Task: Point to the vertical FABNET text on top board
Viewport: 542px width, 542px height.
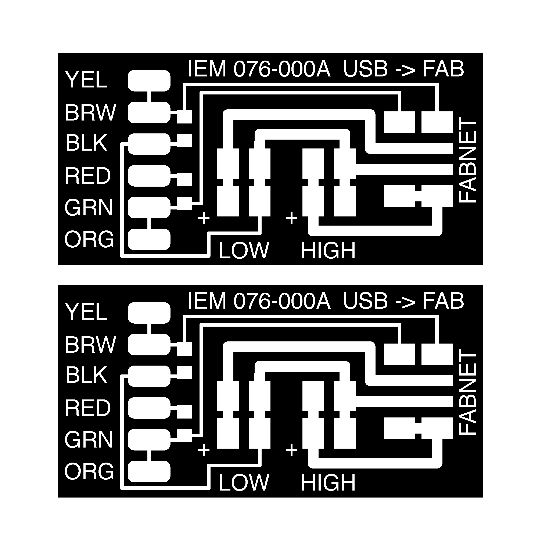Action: [468, 160]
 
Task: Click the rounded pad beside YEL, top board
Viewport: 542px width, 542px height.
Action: [149, 81]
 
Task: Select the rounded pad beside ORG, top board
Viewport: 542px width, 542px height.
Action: [149, 239]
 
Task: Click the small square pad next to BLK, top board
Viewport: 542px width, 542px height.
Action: [185, 140]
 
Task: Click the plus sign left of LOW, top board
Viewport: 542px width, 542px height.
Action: [204, 218]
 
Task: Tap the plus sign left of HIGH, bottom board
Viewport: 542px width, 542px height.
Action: [291, 450]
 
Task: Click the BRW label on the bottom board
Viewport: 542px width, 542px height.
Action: [90, 345]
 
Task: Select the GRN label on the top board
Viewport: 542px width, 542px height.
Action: [89, 208]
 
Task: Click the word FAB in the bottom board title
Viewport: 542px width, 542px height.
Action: [443, 301]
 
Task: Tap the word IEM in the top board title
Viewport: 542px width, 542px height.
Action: [207, 69]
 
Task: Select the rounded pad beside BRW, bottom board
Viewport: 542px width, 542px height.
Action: [149, 345]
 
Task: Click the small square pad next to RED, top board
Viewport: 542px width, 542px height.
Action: [185, 180]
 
